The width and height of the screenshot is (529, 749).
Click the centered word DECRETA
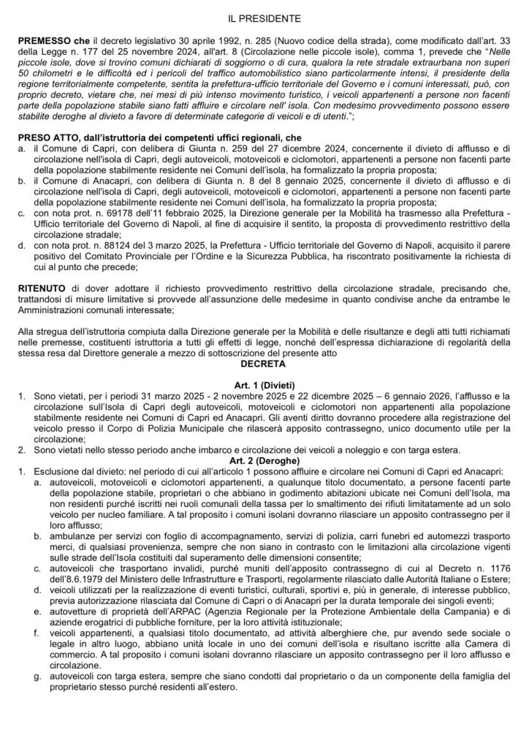[264, 361]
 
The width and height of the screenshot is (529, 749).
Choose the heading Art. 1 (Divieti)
[264, 384]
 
